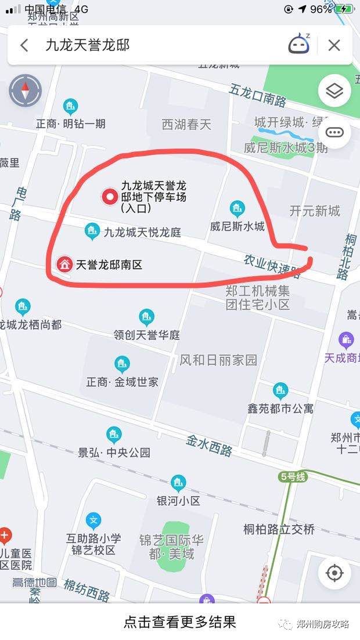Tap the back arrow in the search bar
[x=24, y=45]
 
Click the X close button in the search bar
[x=334, y=45]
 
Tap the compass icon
[x=26, y=91]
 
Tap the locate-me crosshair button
[x=334, y=573]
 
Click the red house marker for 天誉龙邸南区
[x=64, y=265]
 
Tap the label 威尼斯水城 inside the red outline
[x=237, y=226]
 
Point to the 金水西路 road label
[x=209, y=445]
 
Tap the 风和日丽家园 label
[x=218, y=360]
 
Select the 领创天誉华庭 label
[x=147, y=335]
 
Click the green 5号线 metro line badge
[x=293, y=477]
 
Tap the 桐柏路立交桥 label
[x=279, y=529]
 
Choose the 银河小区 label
[x=178, y=500]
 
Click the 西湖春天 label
[x=186, y=124]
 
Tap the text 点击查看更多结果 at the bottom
[x=180, y=623]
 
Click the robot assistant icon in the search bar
[x=299, y=45]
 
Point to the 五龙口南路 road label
[x=257, y=95]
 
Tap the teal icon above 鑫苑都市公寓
[x=280, y=390]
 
